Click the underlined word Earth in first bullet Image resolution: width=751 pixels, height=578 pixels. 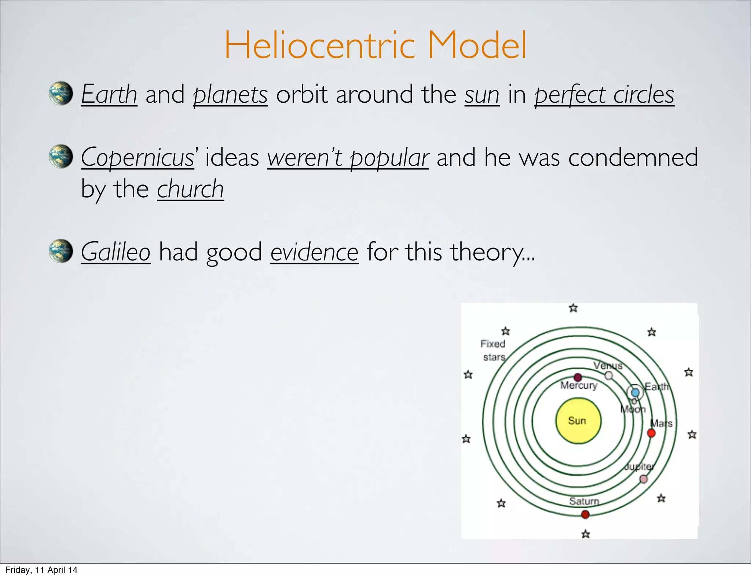coord(109,94)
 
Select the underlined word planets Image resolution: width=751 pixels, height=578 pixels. coord(230,95)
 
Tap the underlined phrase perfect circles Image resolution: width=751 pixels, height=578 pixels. coord(604,95)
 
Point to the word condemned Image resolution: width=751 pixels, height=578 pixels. coord(633,157)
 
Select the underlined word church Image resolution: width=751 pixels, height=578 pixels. coord(190,189)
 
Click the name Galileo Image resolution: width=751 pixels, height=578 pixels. coord(116,252)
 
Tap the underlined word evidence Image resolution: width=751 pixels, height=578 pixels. coord(314,252)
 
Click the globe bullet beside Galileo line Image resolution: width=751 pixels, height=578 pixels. coord(61,251)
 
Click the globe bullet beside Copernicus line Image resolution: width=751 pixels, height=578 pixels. coord(61,157)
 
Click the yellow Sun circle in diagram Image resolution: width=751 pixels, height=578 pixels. coord(578,421)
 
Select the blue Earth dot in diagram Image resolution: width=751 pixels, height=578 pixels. coord(635,393)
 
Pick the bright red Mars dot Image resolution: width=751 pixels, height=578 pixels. coord(651,433)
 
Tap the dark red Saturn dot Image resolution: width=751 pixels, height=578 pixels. coord(585,515)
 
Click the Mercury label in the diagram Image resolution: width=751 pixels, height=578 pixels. coord(579,385)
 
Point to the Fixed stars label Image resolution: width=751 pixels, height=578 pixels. coord(493,350)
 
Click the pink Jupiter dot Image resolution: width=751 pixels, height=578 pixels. coord(643,479)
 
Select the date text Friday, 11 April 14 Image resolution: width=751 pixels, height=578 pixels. coord(41,570)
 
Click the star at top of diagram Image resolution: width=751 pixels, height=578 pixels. coord(573,308)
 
